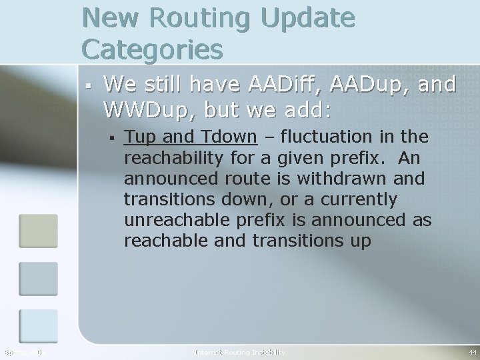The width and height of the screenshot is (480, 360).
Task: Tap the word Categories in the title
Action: [x=152, y=49]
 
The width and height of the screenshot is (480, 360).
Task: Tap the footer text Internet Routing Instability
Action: [x=239, y=352]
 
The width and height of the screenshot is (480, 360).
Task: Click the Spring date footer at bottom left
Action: [x=23, y=352]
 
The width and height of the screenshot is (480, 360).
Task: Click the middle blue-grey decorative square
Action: [x=38, y=278]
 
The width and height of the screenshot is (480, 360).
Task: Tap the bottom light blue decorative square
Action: [x=38, y=326]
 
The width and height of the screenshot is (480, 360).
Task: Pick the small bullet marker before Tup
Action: [x=114, y=138]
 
